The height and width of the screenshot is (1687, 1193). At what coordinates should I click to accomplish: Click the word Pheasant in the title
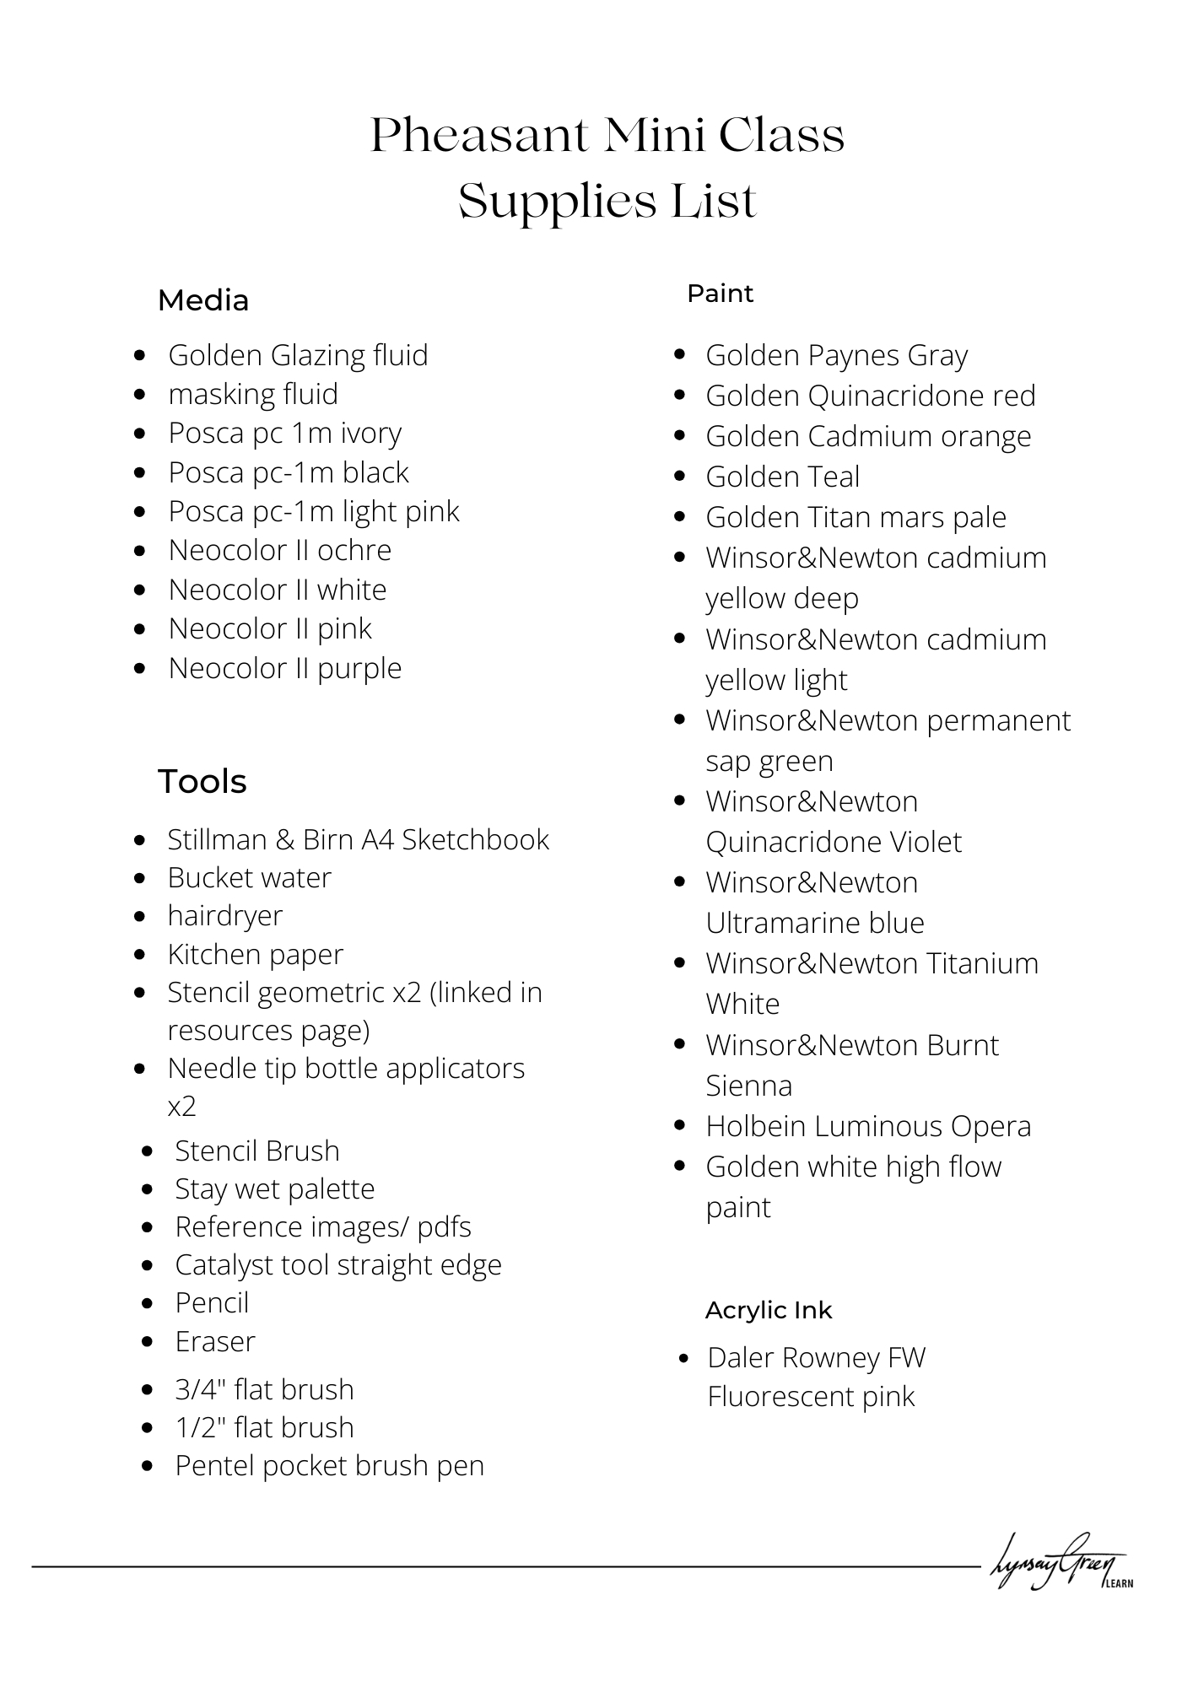coord(479,135)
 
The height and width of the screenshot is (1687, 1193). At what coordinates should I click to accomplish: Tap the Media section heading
coord(203,300)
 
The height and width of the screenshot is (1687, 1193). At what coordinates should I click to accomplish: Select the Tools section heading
coord(202,782)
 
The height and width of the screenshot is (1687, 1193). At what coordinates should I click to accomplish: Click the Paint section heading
coord(720,294)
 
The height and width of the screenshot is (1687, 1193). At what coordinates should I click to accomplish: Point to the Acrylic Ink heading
coord(769,1310)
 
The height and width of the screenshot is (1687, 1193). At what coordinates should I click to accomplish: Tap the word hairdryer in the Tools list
coord(225,915)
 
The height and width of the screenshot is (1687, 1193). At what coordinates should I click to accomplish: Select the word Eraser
coord(215,1341)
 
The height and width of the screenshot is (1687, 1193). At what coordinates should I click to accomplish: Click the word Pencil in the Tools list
coord(212,1302)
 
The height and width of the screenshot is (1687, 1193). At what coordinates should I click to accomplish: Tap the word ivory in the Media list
coord(371,433)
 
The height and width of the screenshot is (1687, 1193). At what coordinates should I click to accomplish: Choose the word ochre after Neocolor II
coord(354,550)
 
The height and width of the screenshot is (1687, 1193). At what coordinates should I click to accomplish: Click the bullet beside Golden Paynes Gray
coord(680,354)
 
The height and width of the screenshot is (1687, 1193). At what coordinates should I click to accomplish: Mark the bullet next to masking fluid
coord(140,394)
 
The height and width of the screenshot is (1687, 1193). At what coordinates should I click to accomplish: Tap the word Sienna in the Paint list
coord(749,1086)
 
